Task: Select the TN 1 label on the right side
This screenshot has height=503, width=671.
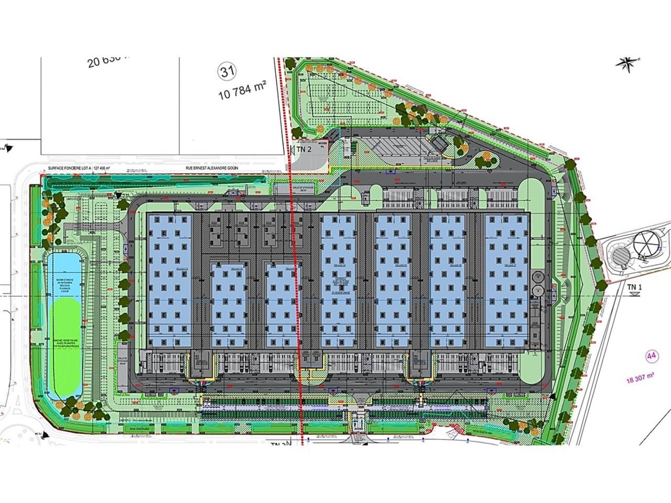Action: coord(635,287)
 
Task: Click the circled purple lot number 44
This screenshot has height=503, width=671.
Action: coord(652,356)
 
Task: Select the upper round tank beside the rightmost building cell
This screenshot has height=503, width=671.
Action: coord(536,276)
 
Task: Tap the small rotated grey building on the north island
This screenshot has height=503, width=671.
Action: coord(439,143)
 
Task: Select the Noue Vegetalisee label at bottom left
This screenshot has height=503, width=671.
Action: coord(137,429)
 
